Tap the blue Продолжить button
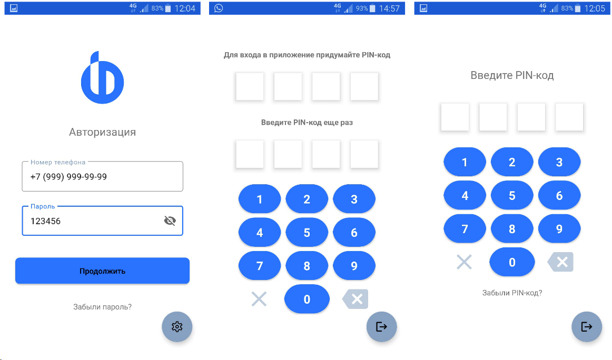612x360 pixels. click(102, 271)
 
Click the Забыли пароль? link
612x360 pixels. click(102, 307)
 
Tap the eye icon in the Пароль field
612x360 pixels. click(170, 221)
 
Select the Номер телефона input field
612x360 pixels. click(102, 176)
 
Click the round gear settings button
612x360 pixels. click(177, 327)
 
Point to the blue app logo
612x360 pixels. click(102, 77)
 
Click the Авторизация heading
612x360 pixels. click(102, 132)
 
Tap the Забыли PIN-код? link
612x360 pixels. click(512, 293)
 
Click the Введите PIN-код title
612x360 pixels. click(512, 75)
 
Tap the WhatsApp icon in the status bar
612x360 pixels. click(219, 8)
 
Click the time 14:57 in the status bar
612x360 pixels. click(389, 8)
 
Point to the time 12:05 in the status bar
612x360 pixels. click(595, 8)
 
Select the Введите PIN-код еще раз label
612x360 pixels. click(307, 123)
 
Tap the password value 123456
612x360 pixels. click(46, 221)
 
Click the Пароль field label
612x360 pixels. click(43, 206)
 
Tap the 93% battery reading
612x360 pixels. click(362, 8)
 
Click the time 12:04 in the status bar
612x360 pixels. click(185, 8)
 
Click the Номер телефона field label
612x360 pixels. click(58, 162)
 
